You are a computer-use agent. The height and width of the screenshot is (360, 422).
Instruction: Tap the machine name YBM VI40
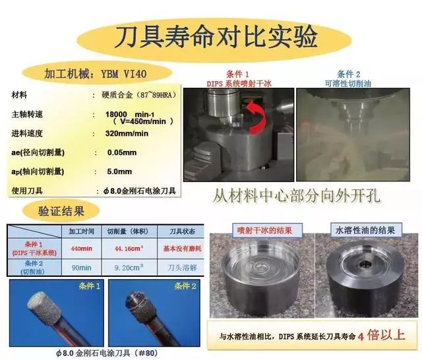pos(124,74)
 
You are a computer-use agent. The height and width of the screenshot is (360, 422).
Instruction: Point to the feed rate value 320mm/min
pos(127,133)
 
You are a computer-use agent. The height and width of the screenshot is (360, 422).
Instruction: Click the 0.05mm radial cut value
pos(121,152)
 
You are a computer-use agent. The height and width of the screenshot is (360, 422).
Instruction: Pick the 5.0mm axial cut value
pos(119,171)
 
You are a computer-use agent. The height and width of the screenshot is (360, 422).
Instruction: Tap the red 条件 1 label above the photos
pos(237,74)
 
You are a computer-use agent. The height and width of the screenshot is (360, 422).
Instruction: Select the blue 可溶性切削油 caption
pos(348,84)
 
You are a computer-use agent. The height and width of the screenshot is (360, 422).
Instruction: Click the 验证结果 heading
pos(61,211)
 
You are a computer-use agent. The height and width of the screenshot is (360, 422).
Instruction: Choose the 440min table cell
pos(81,249)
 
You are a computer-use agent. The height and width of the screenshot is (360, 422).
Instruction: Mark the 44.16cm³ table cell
pos(129,249)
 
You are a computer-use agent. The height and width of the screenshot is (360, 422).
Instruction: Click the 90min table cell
pos(81,268)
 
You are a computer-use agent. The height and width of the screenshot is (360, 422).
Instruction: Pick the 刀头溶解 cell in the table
pos(182,268)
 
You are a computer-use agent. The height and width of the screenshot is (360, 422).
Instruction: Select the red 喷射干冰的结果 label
pos(265,231)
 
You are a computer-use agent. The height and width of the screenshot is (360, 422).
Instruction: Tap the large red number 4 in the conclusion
pos(361,337)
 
